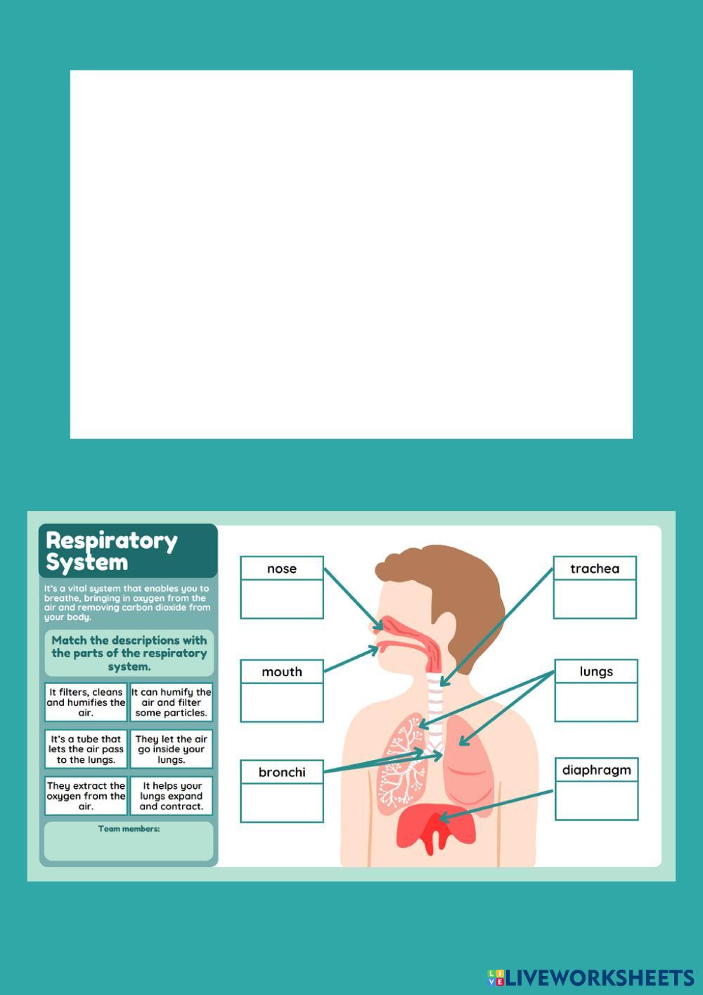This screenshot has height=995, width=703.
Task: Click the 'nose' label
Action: tap(281, 569)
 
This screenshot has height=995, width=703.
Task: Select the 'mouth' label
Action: tap(281, 672)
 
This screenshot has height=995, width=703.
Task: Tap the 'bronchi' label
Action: tap(281, 772)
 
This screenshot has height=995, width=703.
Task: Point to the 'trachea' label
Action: tap(594, 569)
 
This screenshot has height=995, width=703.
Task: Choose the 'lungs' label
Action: tap(595, 671)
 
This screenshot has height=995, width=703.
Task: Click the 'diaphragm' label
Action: tap(596, 770)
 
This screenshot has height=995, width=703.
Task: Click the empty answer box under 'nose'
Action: tap(281, 599)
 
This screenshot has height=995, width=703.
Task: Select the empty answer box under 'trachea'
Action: tap(594, 599)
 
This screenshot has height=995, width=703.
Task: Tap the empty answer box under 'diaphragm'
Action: tap(596, 801)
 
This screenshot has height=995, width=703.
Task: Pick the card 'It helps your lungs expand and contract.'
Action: tap(172, 796)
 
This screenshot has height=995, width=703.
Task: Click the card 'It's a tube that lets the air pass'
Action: tap(86, 749)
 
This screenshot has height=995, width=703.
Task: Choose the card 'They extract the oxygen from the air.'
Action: tap(86, 796)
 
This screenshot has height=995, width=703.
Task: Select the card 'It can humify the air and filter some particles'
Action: tap(172, 702)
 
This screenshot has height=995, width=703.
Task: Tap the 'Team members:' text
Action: tap(129, 829)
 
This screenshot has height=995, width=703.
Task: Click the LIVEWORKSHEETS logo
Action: tap(591, 977)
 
